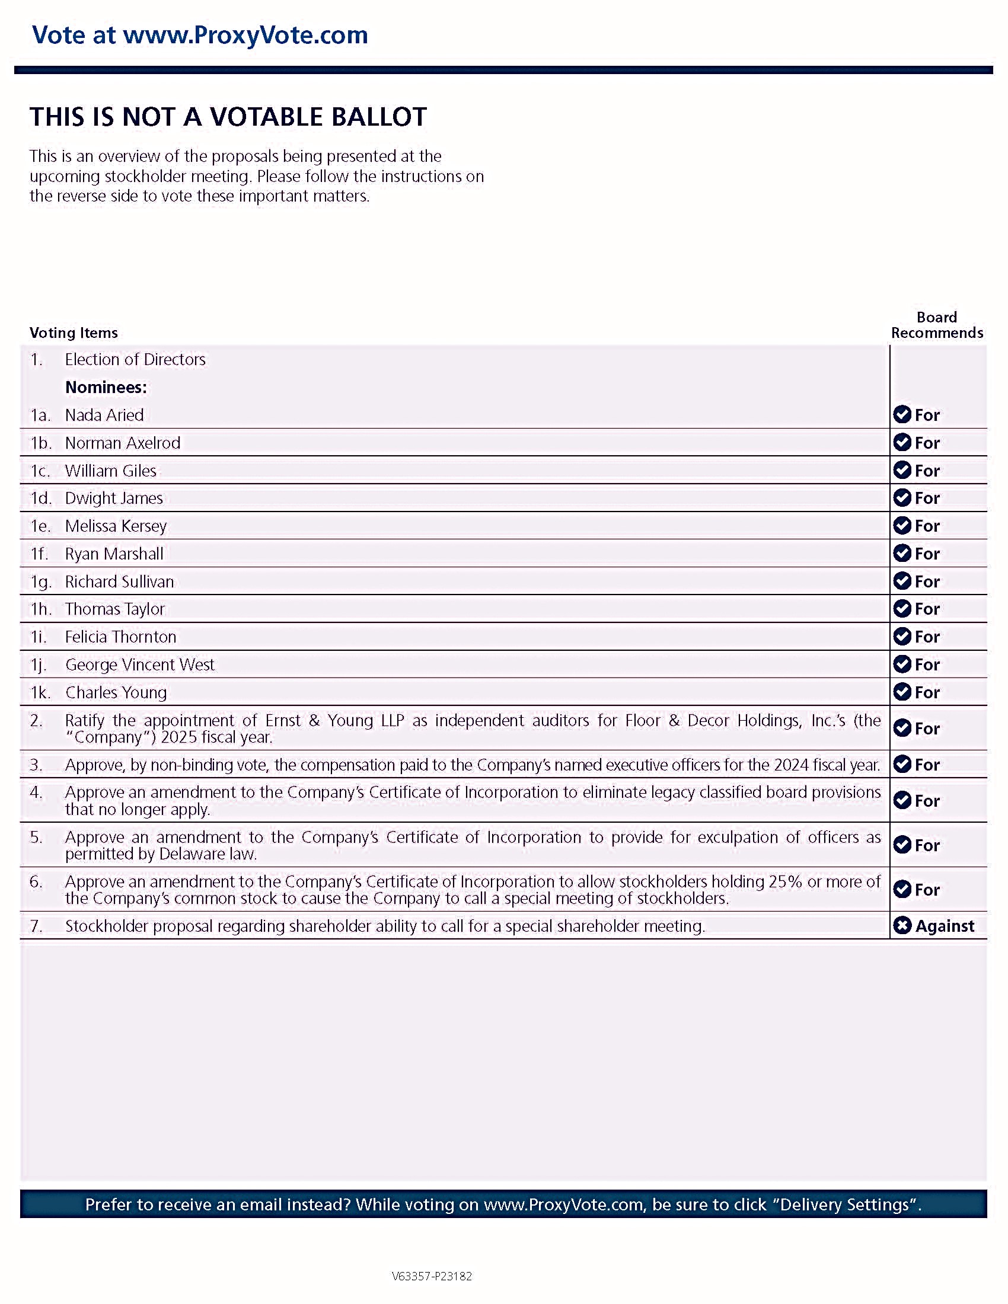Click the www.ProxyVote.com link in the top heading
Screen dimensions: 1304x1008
(x=245, y=34)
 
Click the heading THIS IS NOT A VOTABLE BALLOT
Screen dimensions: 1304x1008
(x=228, y=117)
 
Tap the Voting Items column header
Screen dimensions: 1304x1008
(x=74, y=333)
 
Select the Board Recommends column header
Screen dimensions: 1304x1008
(x=936, y=325)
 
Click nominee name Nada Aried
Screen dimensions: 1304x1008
(x=104, y=415)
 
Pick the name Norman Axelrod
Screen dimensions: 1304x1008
(x=122, y=443)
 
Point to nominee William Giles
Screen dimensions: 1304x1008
(x=110, y=471)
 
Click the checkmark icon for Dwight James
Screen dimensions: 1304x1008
(x=902, y=498)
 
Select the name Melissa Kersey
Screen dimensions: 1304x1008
(x=116, y=526)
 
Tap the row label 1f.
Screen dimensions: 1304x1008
(x=39, y=554)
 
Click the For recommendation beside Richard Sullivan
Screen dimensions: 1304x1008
(x=927, y=581)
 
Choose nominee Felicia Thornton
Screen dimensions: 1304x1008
(x=120, y=637)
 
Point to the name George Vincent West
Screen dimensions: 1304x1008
(x=140, y=664)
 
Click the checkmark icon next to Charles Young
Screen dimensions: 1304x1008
(x=902, y=692)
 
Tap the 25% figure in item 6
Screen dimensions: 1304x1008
(x=784, y=881)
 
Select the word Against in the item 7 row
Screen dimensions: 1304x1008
(x=944, y=926)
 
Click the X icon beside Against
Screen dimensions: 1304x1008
(x=902, y=925)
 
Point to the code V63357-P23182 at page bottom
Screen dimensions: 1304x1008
(x=432, y=1276)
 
